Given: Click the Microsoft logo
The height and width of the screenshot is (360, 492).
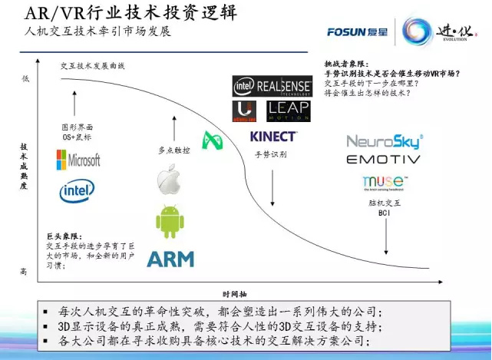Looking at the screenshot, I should tap(78, 160).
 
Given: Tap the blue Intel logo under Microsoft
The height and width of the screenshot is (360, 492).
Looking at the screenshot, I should tap(78, 190).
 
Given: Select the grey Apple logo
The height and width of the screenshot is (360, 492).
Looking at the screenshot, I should tap(169, 179).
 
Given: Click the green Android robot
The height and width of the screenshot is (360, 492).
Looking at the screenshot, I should tap(170, 221).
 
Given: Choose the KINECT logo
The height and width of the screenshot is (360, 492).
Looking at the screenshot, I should tap(273, 137).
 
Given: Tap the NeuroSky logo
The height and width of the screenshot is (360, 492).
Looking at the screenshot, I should tap(385, 141).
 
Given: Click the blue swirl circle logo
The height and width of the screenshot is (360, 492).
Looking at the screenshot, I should tap(421, 32).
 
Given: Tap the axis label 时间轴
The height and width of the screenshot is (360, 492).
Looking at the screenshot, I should tap(234, 293).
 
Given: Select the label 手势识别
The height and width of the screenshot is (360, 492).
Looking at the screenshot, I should tap(271, 154).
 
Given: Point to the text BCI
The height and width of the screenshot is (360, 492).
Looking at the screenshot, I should tap(385, 213).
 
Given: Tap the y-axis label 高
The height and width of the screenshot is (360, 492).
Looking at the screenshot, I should tap(25, 271).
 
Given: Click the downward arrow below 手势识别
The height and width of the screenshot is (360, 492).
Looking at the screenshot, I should tap(272, 184).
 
